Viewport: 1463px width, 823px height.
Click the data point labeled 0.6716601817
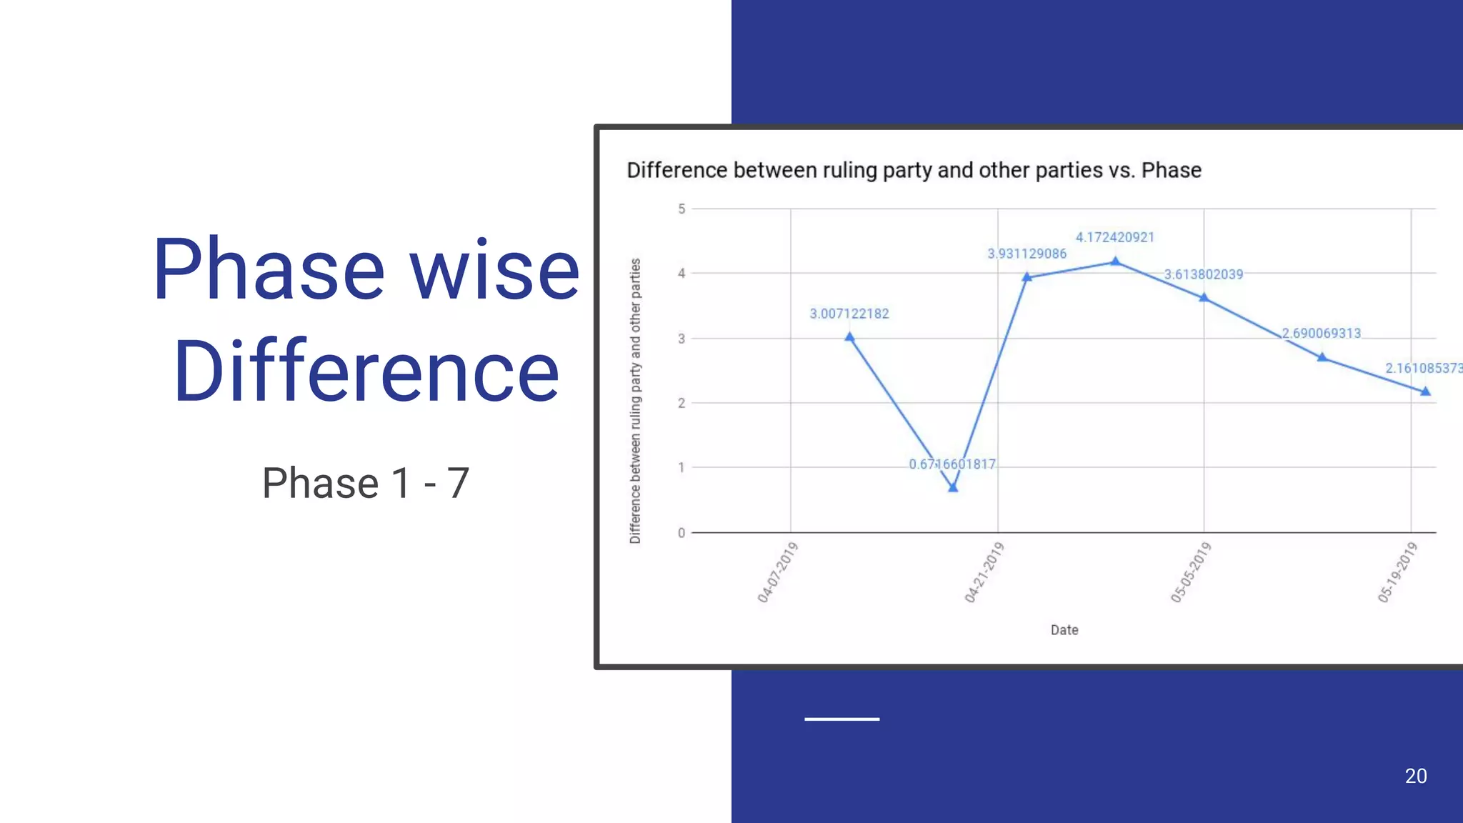953,487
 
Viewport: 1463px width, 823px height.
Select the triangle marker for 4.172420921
1115,261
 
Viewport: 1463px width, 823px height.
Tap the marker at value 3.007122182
849,336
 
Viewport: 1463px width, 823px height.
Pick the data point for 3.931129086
1027,277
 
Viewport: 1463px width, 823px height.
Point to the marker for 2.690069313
1322,356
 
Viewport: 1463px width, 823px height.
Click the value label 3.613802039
1204,274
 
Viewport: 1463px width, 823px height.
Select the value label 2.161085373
1423,368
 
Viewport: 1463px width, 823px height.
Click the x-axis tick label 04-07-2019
777,572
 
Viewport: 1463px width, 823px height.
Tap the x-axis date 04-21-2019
984,572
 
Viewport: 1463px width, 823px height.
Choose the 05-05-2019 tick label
1191,572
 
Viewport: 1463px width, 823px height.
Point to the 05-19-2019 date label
1397,572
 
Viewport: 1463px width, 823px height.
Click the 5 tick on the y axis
681,209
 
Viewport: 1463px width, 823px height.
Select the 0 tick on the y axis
681,533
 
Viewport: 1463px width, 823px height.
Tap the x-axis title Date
1064,630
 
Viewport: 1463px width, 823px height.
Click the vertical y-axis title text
635,401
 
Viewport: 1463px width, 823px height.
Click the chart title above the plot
914,170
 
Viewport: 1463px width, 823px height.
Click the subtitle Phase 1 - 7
366,483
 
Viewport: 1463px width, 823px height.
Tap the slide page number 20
1416,776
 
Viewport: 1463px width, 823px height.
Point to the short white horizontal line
842,719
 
